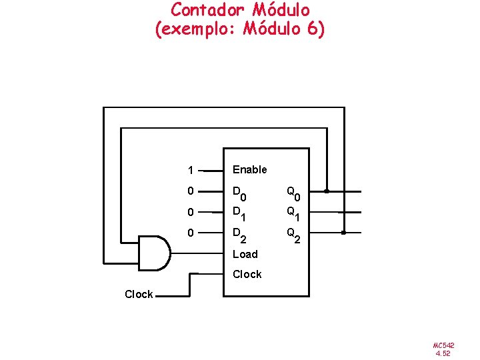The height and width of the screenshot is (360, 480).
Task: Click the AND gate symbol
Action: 153,253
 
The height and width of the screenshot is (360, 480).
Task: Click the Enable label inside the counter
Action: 249,169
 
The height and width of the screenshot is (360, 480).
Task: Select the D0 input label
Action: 239,194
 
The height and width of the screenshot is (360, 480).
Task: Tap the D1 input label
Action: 239,213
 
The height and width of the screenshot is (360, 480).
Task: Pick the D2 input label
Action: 239,235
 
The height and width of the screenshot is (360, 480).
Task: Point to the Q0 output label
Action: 293,194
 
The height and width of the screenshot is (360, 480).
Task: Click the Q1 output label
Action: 293,213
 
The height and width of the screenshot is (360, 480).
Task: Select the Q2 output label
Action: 293,235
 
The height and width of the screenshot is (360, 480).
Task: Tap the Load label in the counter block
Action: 245,254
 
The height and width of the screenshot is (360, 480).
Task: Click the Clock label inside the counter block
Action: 247,274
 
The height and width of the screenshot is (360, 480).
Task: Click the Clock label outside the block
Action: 139,294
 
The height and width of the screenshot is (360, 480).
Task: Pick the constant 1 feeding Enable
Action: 191,170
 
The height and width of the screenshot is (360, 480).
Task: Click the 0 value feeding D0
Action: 191,191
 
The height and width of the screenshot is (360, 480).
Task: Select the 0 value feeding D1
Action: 191,212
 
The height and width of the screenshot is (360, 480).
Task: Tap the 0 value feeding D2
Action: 191,233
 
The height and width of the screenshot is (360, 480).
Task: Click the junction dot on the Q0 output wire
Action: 327,191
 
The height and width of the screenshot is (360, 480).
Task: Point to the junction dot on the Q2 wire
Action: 343,233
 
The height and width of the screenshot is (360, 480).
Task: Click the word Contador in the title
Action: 208,10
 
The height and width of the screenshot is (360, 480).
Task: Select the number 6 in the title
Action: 312,30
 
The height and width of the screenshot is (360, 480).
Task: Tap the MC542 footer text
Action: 443,345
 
